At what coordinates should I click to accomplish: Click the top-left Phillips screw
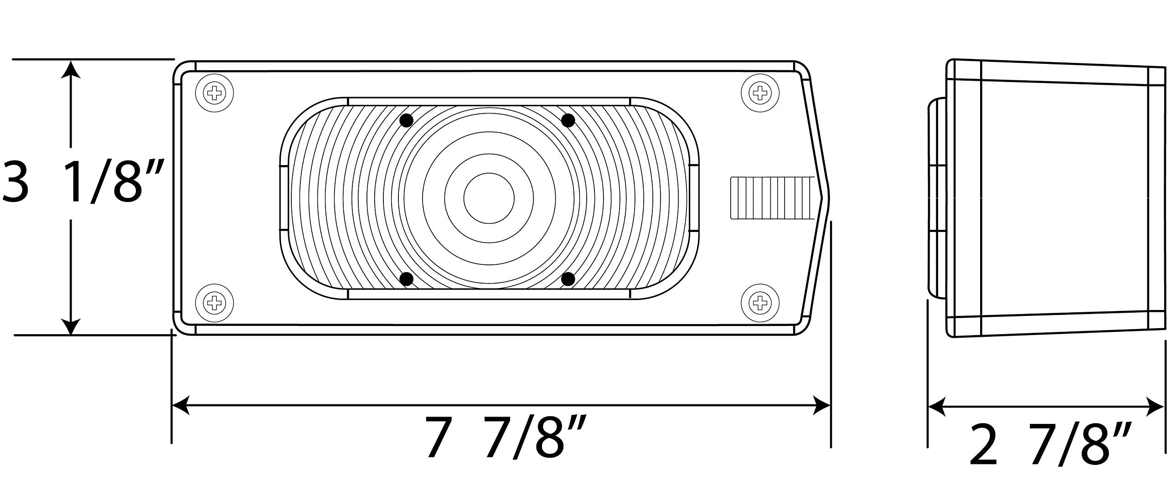[x=214, y=94]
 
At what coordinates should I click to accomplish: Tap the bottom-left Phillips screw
[x=214, y=301]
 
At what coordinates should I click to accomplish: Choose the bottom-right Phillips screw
[x=760, y=301]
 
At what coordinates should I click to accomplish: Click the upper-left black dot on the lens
[x=406, y=121]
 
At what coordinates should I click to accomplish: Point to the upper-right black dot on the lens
[x=568, y=121]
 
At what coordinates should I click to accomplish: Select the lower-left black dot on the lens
[x=406, y=279]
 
